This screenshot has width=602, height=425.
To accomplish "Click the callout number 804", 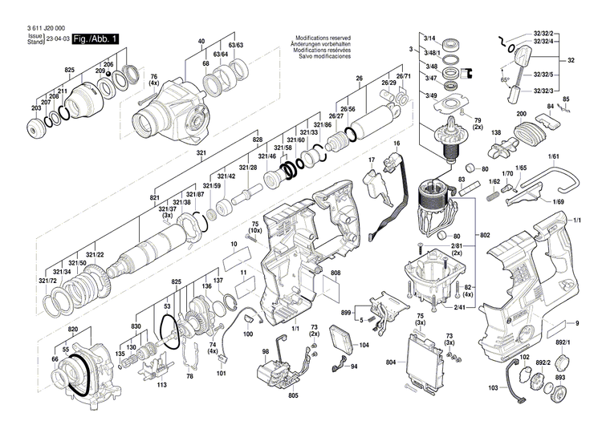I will (x=391, y=363).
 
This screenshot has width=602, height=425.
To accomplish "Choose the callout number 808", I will (x=335, y=273).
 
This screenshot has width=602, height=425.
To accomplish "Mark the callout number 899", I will (x=348, y=312).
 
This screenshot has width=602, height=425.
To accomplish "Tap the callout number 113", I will (x=162, y=384).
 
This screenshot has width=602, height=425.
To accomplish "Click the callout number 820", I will (x=73, y=330).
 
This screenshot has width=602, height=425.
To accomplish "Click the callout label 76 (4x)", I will (x=153, y=81).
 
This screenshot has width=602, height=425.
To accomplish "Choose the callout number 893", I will (x=560, y=378).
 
